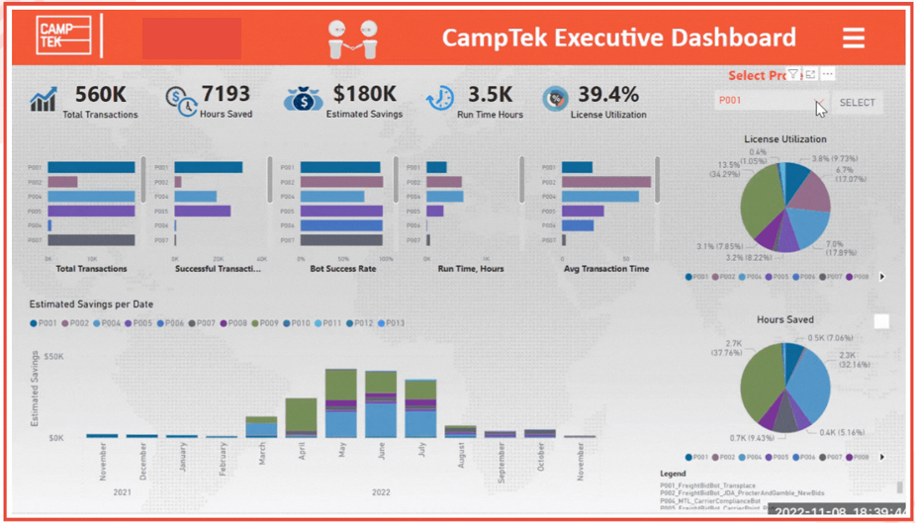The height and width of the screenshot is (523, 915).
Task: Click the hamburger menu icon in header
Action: (x=853, y=38)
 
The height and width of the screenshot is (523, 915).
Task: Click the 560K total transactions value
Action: (x=99, y=94)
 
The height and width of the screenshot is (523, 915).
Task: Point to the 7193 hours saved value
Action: (x=226, y=94)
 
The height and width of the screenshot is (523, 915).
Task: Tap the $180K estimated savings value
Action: (x=364, y=94)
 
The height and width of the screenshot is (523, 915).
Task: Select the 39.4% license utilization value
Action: (x=607, y=94)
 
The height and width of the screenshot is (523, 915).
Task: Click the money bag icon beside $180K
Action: (x=303, y=99)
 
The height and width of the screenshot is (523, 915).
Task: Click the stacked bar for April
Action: (x=301, y=417)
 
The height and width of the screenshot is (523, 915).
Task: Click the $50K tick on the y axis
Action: (x=53, y=356)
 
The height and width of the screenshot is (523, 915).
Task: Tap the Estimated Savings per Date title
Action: (x=91, y=305)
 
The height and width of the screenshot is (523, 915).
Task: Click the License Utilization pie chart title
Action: (x=784, y=139)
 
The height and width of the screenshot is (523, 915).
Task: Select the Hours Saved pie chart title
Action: (x=784, y=319)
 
